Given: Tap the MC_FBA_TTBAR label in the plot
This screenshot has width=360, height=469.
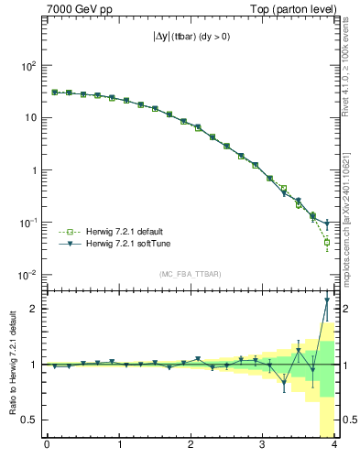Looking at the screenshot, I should coord(190,275).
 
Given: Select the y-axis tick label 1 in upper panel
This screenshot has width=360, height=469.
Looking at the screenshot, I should coord(33,170).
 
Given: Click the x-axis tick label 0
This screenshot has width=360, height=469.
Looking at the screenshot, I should coord(47,445).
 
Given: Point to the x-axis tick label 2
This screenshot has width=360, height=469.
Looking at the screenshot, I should coord(191,445).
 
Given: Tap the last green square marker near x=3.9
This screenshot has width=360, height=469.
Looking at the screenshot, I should coord(327,243).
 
